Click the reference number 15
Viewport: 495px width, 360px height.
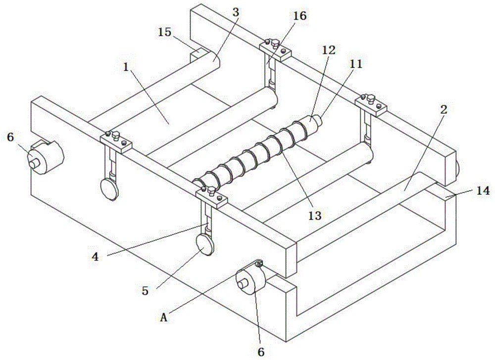pyautogui.click(x=164, y=32)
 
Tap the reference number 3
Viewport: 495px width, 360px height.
pyautogui.click(x=237, y=12)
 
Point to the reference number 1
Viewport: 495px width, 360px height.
pyautogui.click(x=126, y=68)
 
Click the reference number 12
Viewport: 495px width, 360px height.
pyautogui.click(x=329, y=50)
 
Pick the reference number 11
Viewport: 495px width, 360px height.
pyautogui.click(x=356, y=64)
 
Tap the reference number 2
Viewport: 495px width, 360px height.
pyautogui.click(x=444, y=110)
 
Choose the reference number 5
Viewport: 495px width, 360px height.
pyautogui.click(x=145, y=291)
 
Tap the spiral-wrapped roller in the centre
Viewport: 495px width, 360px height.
pyautogui.click(x=257, y=151)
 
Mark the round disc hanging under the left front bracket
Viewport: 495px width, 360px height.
pyautogui.click(x=109, y=188)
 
